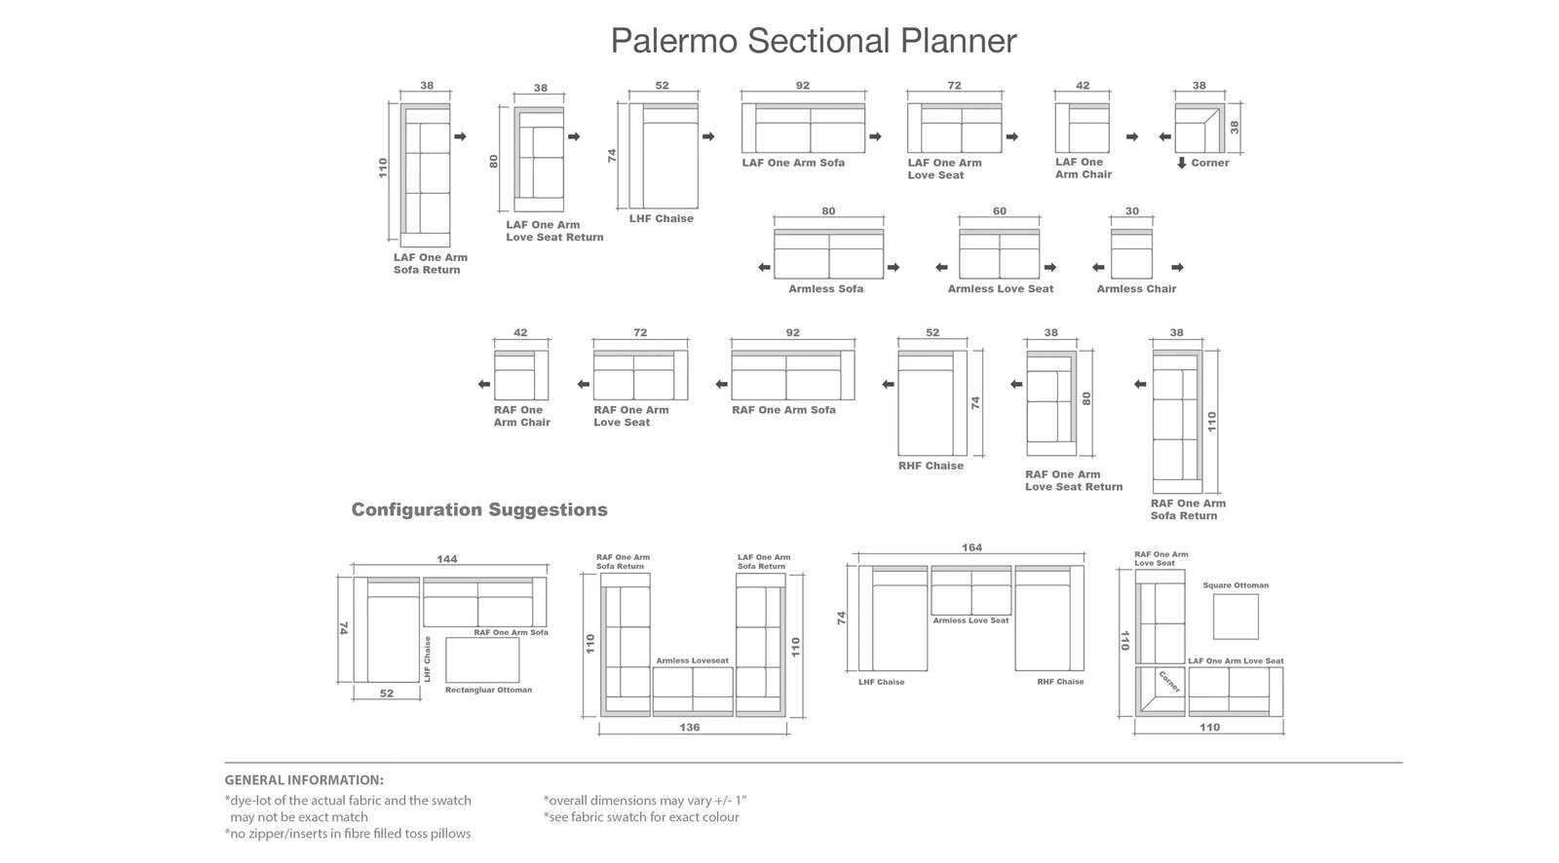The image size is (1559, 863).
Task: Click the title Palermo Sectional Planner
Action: coord(814,41)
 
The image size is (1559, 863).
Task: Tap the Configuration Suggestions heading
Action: coord(478,509)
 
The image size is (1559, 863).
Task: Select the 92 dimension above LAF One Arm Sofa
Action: coord(803,86)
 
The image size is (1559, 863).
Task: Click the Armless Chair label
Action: coord(1136,289)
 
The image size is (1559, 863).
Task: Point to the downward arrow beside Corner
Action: coord(1181,163)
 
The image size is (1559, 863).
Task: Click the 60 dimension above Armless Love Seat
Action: coord(1000,210)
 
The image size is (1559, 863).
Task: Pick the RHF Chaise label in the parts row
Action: coord(931,466)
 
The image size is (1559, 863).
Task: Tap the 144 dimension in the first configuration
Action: coord(447,559)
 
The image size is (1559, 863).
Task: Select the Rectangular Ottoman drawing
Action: coord(482,659)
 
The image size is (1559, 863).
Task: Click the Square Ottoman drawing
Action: coord(1236,617)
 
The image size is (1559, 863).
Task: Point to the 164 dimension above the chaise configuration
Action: coord(971,547)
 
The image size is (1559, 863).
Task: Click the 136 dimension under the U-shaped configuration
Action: coord(689,728)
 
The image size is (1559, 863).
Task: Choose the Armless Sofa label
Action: coord(825,289)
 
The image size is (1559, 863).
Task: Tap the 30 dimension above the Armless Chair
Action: coord(1131,210)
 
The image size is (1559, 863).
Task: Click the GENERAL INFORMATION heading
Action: coord(303,780)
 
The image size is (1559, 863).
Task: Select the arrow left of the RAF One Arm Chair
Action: coord(483,384)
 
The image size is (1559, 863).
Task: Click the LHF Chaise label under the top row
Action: coord(662,218)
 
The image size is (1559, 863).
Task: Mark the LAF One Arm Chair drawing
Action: coord(1083,128)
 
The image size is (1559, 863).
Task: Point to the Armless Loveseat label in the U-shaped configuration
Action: coord(692,660)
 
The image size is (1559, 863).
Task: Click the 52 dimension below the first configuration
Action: coord(386,694)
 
